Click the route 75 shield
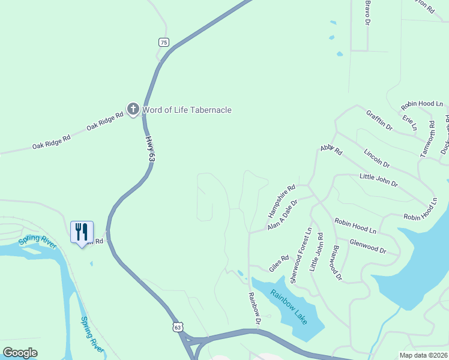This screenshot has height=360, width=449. (x=164, y=42)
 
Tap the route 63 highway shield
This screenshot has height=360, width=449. (x=176, y=327)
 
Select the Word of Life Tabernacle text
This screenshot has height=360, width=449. (x=187, y=110)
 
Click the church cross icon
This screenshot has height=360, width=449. (x=133, y=109)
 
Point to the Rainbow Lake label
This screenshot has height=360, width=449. (x=289, y=307)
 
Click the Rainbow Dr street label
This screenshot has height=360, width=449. (x=256, y=310)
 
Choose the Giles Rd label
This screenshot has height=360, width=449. (x=279, y=263)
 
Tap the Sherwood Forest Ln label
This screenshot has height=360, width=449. (x=300, y=256)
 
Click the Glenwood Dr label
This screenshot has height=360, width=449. (x=367, y=247)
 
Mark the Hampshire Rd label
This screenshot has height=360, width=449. (x=282, y=200)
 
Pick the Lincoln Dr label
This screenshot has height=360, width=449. (x=376, y=159)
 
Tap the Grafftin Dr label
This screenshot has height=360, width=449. (x=378, y=119)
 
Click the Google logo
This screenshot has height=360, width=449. (x=20, y=353)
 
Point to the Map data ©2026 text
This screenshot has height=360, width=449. (x=423, y=355)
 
